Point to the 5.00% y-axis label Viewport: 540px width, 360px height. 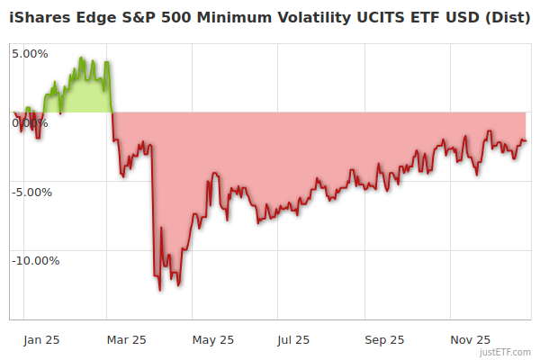click(30, 53)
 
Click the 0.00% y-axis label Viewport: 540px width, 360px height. click(30, 122)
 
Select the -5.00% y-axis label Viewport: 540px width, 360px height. click(31, 192)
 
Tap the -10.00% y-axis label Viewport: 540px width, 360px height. click(35, 261)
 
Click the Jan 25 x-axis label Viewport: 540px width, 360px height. click(41, 339)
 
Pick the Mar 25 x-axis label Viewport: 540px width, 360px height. click(127, 339)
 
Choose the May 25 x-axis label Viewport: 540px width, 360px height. click(213, 339)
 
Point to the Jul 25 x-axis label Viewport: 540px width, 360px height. click(294, 339)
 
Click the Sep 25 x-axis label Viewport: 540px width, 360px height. click(384, 339)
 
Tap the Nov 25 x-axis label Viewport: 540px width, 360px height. click(471, 339)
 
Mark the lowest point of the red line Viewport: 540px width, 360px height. click(160, 290)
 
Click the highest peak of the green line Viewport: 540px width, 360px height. click(81, 58)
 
